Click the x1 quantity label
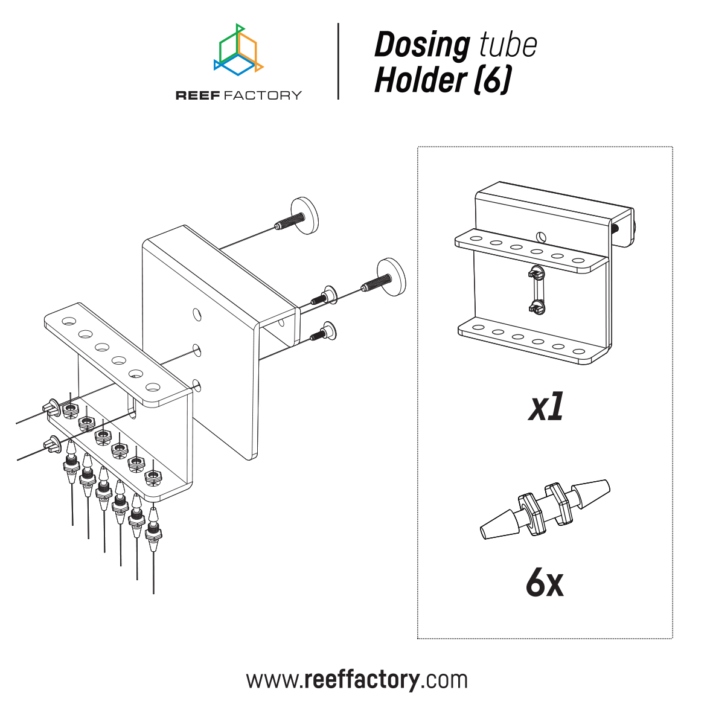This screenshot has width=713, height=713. pyautogui.click(x=546, y=409)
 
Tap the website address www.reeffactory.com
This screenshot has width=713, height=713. pyautogui.click(x=356, y=680)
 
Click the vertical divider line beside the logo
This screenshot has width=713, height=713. pyautogui.click(x=338, y=61)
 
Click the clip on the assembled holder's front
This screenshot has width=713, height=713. pyautogui.click(x=536, y=290)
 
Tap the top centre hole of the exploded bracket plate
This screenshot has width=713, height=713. pyautogui.click(x=196, y=313)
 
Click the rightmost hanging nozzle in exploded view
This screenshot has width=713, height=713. pyautogui.click(x=154, y=525)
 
